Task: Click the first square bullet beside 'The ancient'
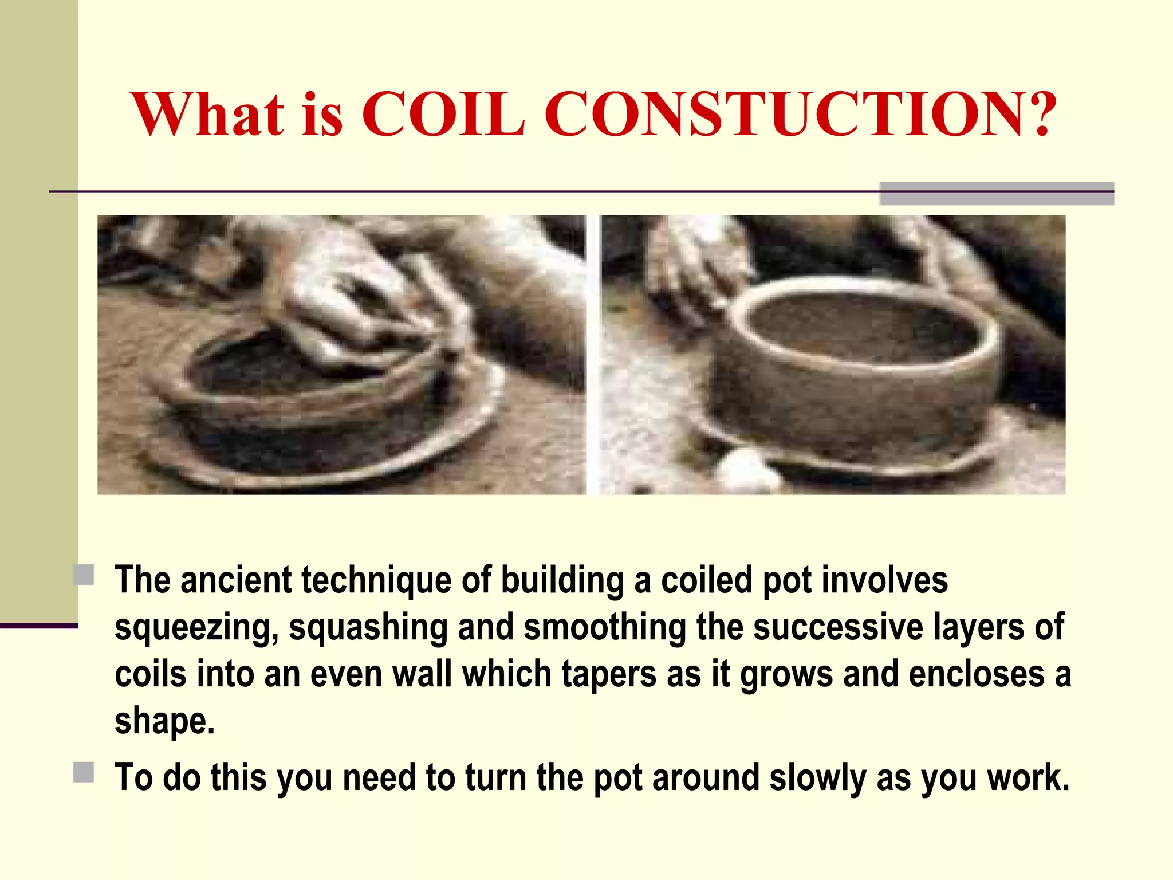point(84,575)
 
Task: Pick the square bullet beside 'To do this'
point(84,772)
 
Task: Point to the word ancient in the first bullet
point(236,580)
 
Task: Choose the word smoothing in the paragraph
point(604,627)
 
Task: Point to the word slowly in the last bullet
point(817,778)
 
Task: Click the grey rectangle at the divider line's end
point(996,194)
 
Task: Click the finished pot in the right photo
point(853,367)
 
